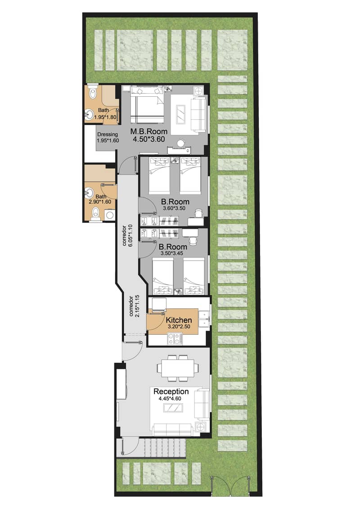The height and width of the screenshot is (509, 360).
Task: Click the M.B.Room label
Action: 149,131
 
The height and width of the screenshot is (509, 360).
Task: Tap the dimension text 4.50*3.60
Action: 149,140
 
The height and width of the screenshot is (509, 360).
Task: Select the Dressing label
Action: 108,135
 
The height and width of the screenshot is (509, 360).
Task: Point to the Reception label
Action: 171,392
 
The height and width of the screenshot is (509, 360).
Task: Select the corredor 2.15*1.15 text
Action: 132,306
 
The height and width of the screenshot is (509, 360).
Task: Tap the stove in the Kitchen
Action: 174,339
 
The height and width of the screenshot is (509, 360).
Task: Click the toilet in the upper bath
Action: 93,92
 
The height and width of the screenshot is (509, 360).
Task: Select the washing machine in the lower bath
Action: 109,215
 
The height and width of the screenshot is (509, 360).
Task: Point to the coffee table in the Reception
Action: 173,408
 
